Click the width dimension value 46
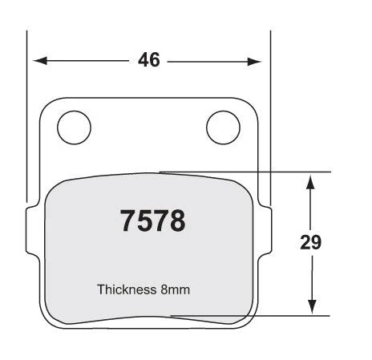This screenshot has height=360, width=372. (149, 59)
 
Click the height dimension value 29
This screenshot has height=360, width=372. (310, 242)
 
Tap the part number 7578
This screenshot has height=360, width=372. (152, 220)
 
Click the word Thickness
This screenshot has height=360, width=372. (127, 289)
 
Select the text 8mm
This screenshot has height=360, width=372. (175, 289)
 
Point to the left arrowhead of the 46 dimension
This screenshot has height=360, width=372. (40, 61)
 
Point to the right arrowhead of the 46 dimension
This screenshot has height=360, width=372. (254, 62)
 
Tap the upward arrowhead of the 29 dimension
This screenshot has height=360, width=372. (309, 182)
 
